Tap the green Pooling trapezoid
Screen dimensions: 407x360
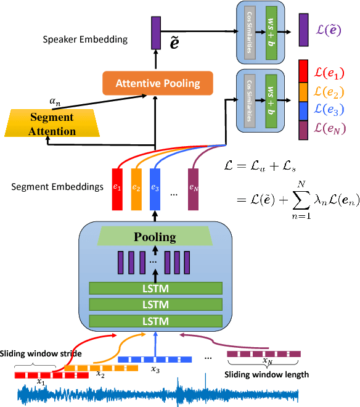point(156,237)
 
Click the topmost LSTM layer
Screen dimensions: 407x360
point(156,288)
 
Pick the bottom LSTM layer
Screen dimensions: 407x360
point(156,321)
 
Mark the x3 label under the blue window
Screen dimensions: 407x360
point(155,370)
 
